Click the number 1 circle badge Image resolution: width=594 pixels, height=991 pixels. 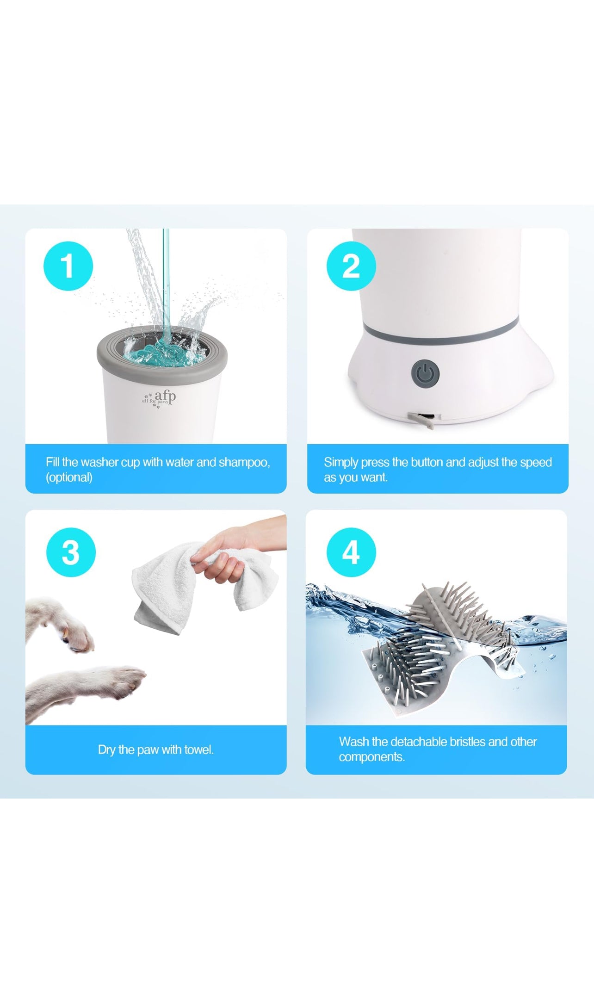[x=68, y=266]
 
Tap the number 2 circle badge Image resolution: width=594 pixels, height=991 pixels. [x=351, y=266]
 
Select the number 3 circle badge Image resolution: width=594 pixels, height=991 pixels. [x=71, y=552]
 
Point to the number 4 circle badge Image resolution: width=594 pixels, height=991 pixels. [x=351, y=552]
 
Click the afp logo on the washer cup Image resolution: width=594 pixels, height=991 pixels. [x=159, y=398]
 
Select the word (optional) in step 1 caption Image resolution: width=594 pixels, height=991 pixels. [x=69, y=477]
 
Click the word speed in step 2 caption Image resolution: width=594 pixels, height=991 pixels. [x=536, y=463]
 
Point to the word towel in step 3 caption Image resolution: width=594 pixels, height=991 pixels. [x=199, y=749]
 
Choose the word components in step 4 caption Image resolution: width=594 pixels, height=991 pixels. [x=371, y=757]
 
